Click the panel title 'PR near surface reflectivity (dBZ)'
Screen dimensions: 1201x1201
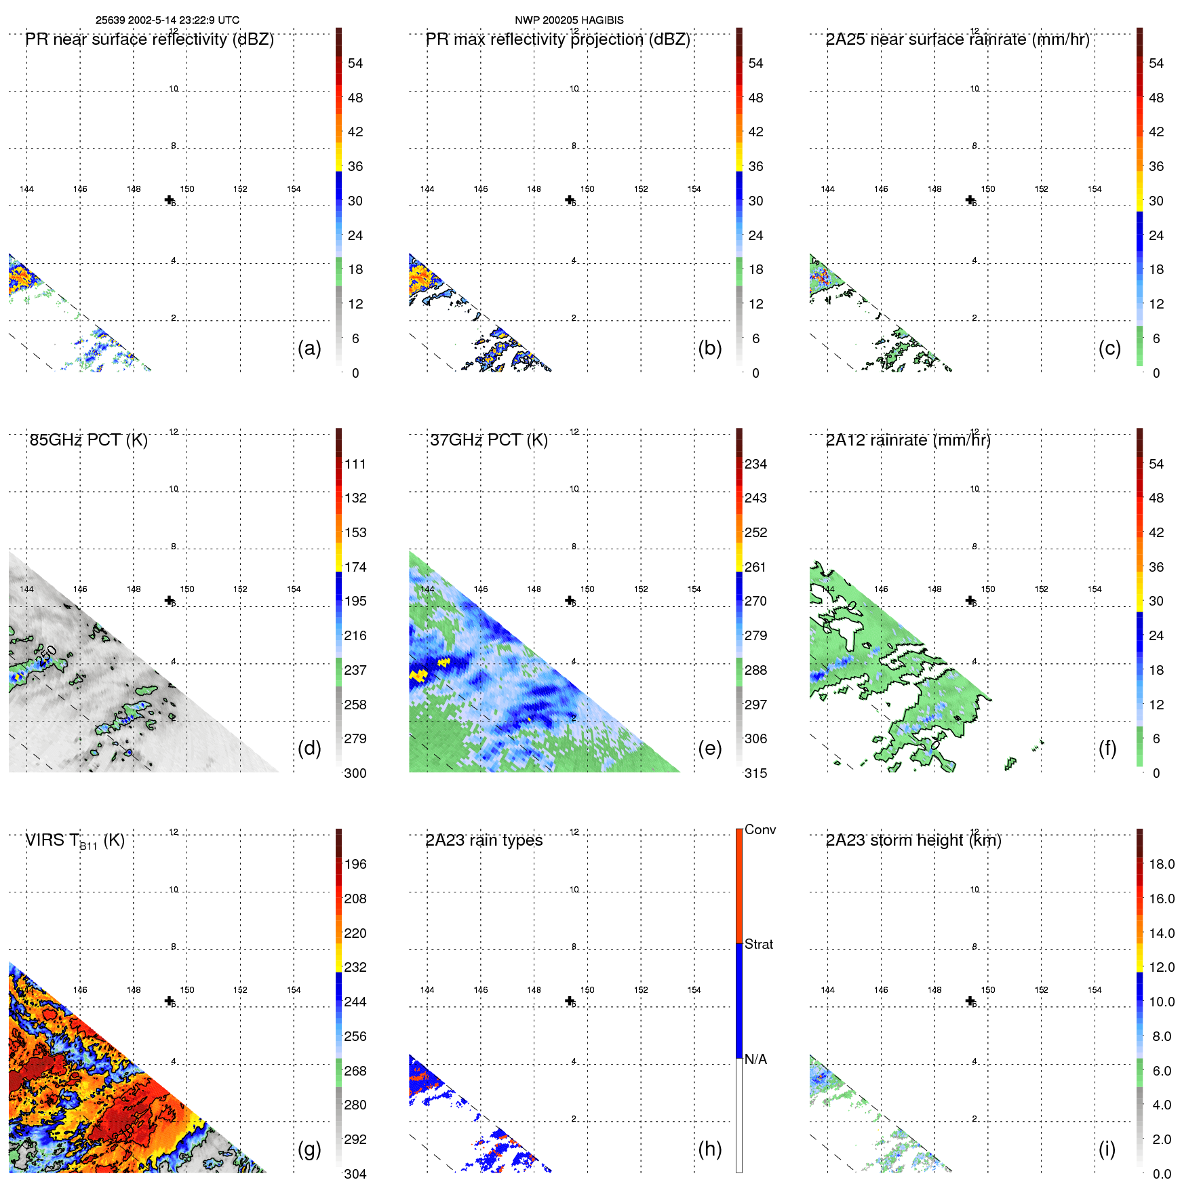tap(149, 39)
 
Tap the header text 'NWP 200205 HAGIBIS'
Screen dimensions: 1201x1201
tap(569, 20)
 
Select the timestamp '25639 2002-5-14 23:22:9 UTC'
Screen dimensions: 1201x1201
tap(168, 20)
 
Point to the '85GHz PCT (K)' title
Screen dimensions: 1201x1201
tap(88, 440)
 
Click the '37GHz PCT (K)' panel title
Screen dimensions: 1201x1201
tap(488, 440)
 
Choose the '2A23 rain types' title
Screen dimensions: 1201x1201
tap(484, 840)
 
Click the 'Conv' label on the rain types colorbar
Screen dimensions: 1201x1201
tap(760, 829)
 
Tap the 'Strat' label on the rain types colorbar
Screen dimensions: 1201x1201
tap(758, 944)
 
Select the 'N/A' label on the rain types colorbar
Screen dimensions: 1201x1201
tap(755, 1059)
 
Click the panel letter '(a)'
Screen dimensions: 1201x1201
tap(309, 348)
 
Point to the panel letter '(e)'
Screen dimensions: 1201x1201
tap(709, 748)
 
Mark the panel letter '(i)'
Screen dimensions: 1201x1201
tap(1107, 1149)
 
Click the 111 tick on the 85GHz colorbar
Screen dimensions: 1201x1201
tap(355, 464)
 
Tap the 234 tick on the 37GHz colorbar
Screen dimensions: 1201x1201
tap(755, 464)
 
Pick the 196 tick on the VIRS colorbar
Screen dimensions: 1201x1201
tap(355, 864)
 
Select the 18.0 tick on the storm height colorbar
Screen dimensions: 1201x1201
tap(1161, 864)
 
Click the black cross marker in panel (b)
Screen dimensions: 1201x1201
tap(570, 199)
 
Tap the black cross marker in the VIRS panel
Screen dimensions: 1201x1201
tap(169, 1000)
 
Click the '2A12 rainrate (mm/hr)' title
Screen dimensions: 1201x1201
tap(907, 440)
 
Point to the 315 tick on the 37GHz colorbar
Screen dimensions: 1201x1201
tap(755, 773)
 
